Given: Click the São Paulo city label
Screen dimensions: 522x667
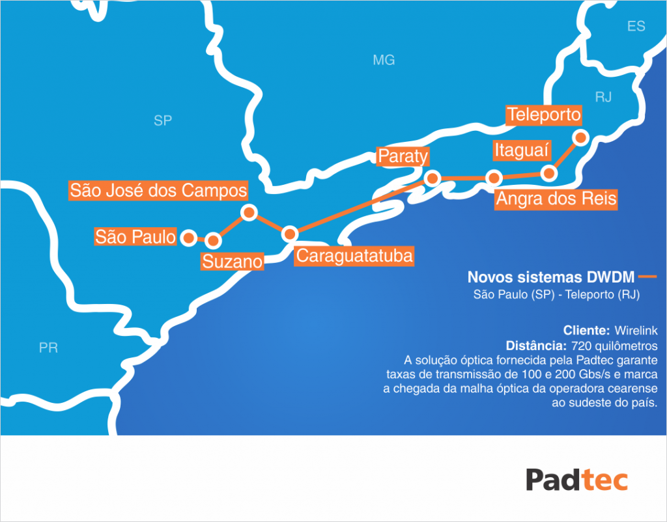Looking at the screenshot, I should click(x=135, y=236).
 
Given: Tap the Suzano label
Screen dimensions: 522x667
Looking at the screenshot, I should click(x=232, y=262).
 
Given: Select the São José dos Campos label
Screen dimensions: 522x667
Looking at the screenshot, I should click(x=158, y=191).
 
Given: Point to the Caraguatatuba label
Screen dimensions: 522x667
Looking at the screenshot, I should click(x=354, y=256).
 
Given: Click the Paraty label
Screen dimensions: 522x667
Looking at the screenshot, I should click(x=403, y=157).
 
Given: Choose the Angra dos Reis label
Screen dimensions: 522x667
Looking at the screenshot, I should click(x=556, y=199).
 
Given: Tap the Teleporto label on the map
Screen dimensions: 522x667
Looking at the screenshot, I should click(x=544, y=115).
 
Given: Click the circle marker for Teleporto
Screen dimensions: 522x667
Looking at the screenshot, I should click(x=579, y=137).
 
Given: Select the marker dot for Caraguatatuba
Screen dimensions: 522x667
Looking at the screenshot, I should click(x=290, y=234).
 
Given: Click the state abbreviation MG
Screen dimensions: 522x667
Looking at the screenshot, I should click(x=384, y=61).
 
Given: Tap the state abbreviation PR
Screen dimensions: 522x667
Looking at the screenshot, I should click(x=48, y=348).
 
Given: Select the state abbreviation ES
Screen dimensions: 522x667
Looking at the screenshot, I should click(x=636, y=27).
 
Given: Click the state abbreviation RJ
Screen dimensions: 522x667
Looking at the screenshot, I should click(x=603, y=98).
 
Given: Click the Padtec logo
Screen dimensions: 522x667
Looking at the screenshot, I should click(x=576, y=480).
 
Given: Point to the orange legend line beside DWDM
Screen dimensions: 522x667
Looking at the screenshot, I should click(x=647, y=277).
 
